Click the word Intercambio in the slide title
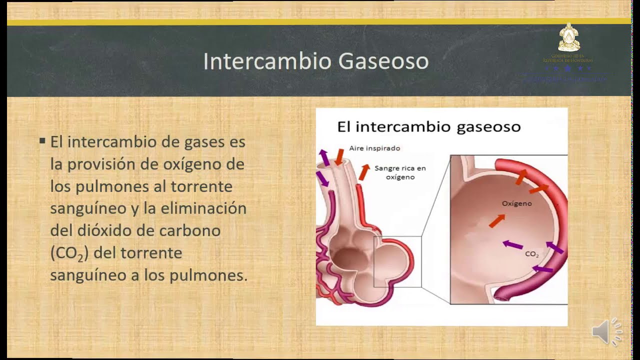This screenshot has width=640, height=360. [267, 61]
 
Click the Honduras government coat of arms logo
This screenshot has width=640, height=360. [567, 37]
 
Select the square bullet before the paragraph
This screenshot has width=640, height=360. [42, 141]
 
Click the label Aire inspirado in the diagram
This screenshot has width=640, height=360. [374, 148]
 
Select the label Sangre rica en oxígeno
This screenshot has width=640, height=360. [400, 172]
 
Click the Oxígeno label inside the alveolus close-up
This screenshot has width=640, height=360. [516, 203]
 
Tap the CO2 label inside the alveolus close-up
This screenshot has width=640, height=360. [531, 254]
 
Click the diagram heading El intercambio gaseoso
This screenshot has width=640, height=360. [428, 126]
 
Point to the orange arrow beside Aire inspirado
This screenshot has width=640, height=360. [339, 156]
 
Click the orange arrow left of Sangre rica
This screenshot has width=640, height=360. [364, 172]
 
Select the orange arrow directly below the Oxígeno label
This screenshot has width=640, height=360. [496, 220]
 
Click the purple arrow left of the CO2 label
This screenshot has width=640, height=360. [512, 244]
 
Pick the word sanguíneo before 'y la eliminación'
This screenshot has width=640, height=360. [88, 208]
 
